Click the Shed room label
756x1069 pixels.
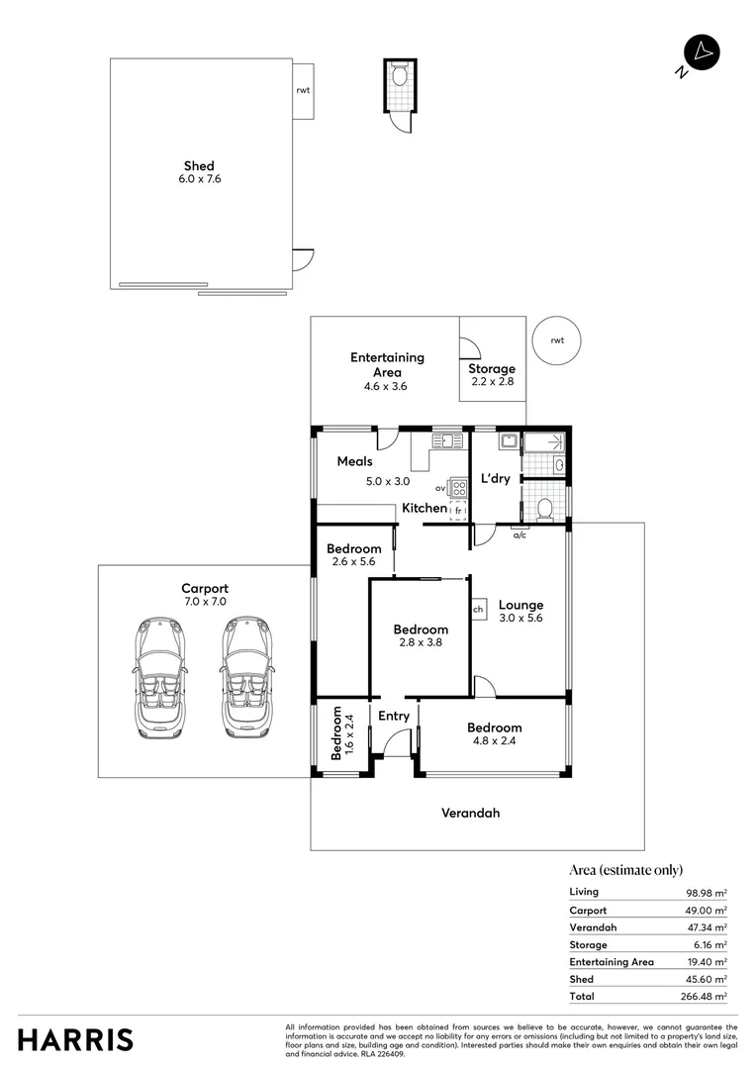click(x=199, y=165)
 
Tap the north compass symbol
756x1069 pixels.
click(x=702, y=52)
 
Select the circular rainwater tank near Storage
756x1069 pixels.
click(x=557, y=340)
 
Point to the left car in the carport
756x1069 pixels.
click(x=159, y=678)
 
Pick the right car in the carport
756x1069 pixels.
click(x=246, y=678)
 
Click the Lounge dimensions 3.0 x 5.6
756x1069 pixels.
click(x=520, y=618)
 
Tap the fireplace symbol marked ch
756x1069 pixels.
click(x=478, y=610)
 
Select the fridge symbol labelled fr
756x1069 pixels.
click(x=458, y=510)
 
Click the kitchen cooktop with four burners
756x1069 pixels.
click(x=459, y=487)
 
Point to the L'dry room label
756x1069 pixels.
click(x=496, y=478)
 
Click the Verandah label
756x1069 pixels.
click(x=470, y=813)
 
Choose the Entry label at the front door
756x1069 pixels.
click(x=394, y=716)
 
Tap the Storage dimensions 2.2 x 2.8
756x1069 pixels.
click(x=492, y=381)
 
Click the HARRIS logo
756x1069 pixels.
click(x=75, y=1040)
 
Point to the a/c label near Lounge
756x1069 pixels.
click(x=520, y=535)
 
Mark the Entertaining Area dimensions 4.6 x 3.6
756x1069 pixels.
click(x=386, y=386)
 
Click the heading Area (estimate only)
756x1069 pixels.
click(x=625, y=870)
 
